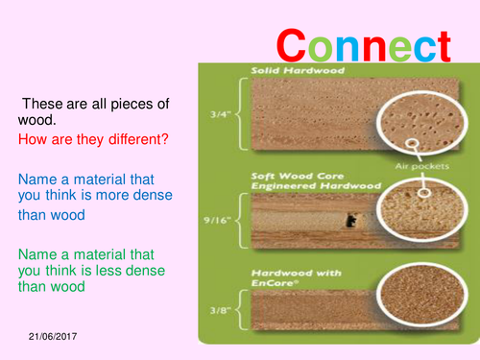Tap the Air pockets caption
coord(417,166)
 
